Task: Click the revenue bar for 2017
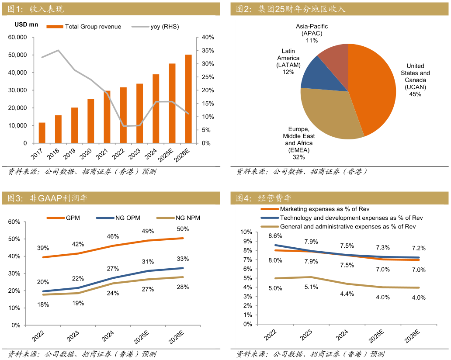(x=42, y=133)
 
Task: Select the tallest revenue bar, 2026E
(x=188, y=99)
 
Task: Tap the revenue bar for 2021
(x=107, y=117)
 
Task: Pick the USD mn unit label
(x=26, y=24)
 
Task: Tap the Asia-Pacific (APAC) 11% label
(x=312, y=34)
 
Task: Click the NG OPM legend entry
(x=118, y=218)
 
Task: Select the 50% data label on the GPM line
(x=183, y=229)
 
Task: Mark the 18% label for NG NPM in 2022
(x=43, y=305)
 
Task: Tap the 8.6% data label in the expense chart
(x=274, y=236)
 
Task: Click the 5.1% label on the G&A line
(x=311, y=287)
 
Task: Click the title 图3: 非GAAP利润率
(x=48, y=198)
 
